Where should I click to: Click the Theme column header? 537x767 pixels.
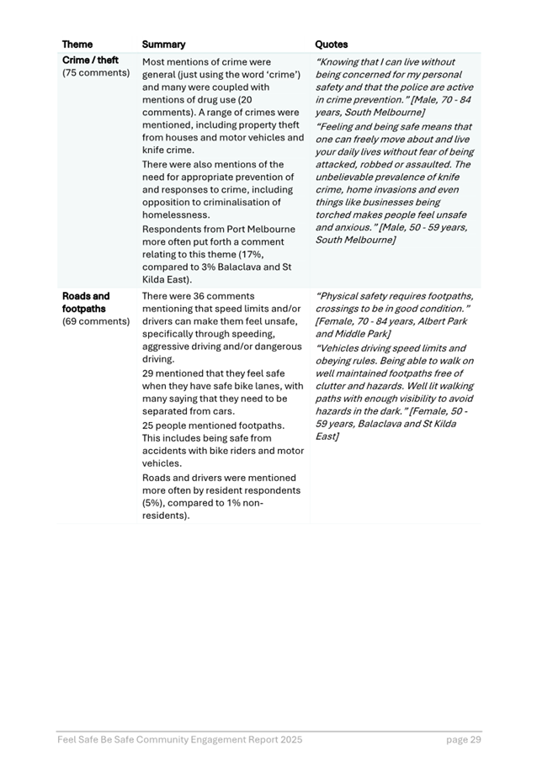point(77,45)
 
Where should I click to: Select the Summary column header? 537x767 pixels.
point(163,45)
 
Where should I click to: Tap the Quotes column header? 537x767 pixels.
point(331,45)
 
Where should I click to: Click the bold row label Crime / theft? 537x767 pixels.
point(90,61)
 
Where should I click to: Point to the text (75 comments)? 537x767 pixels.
point(96,73)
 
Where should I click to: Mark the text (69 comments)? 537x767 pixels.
point(96,320)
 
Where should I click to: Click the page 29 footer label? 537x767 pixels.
point(463,740)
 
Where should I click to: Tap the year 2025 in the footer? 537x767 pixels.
point(289,740)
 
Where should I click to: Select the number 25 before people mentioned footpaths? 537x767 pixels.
point(149,426)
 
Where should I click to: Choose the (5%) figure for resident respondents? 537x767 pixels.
point(155,503)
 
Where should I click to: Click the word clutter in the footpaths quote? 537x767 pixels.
point(333,373)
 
